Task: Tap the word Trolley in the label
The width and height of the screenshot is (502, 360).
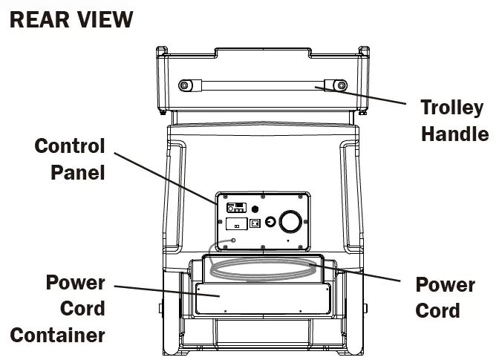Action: [452, 107]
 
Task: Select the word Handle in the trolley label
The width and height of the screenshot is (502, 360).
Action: [454, 134]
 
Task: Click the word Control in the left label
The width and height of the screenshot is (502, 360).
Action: [70, 145]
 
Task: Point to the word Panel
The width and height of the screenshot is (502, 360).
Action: [78, 172]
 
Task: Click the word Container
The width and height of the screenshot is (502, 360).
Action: [58, 336]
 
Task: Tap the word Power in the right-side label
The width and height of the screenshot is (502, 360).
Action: [445, 284]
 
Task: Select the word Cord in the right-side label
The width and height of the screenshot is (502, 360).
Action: [437, 310]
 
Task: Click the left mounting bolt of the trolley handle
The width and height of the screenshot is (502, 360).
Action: [183, 85]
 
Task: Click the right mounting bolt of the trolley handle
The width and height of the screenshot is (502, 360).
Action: [342, 85]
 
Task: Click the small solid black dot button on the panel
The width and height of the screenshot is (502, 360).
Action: [255, 208]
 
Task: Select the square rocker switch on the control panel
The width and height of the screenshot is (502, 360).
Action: [255, 223]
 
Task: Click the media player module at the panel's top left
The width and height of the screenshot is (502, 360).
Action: [235, 208]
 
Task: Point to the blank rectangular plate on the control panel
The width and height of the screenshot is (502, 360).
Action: [236, 223]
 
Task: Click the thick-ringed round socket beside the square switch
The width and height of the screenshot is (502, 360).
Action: [270, 222]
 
